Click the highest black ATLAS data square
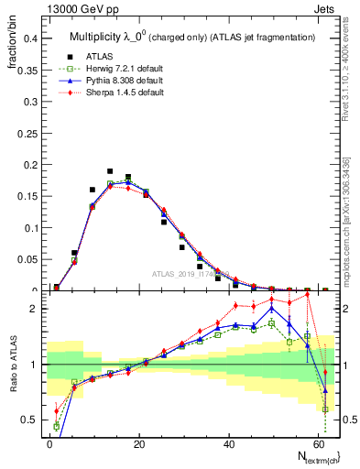pyautogui.click(x=110, y=171)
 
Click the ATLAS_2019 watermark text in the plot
pyautogui.click(x=189, y=274)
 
